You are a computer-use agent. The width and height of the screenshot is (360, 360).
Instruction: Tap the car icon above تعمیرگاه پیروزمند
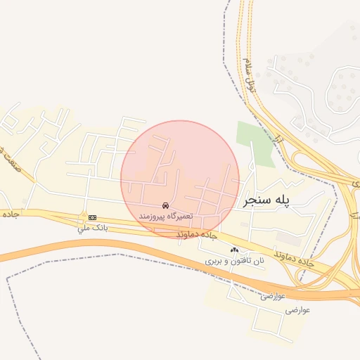(x=165, y=205)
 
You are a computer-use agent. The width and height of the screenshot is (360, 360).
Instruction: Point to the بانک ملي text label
(x=92, y=228)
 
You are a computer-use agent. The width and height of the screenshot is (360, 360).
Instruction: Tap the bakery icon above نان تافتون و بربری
(x=234, y=250)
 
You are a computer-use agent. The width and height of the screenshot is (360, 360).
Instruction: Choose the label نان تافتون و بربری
(x=234, y=261)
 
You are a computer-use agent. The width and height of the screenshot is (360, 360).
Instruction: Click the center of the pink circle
(x=180, y=179)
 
